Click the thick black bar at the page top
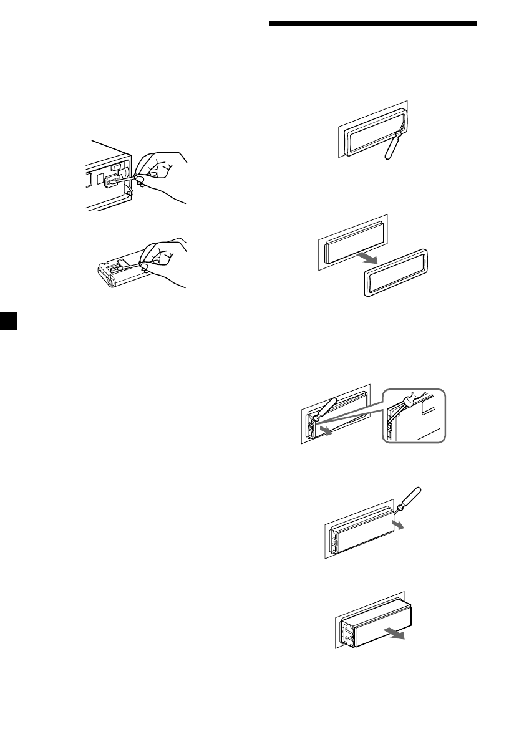[x=372, y=24]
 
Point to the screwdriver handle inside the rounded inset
[x=414, y=400]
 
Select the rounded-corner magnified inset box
[x=415, y=416]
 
